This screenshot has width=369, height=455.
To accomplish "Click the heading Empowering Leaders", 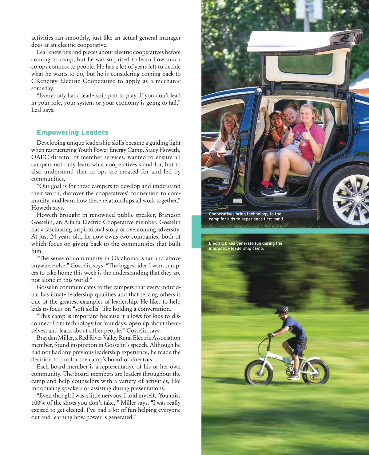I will click(73, 132).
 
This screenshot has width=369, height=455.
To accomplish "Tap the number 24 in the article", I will click(53, 237).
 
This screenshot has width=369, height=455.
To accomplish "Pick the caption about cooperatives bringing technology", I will click(246, 216).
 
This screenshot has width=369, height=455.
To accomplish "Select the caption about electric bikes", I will click(245, 246).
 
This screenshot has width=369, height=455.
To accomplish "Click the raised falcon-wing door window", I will click(305, 64).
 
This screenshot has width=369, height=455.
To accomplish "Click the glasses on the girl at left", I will click(229, 122).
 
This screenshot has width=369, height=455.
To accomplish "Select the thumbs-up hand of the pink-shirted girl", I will click(306, 134).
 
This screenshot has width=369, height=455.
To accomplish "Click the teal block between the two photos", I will click(196, 231).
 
